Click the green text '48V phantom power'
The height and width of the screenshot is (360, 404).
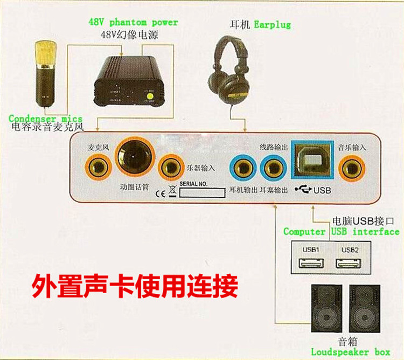(133, 23)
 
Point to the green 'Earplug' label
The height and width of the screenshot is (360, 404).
(272, 25)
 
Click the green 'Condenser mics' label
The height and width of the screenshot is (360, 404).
(45, 119)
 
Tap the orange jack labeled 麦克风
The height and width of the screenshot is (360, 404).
(98, 165)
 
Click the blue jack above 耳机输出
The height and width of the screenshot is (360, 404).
(241, 168)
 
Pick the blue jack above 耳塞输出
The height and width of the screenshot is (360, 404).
(271, 168)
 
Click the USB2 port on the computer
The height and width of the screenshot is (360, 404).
(348, 264)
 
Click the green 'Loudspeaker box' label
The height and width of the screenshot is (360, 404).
(350, 352)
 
